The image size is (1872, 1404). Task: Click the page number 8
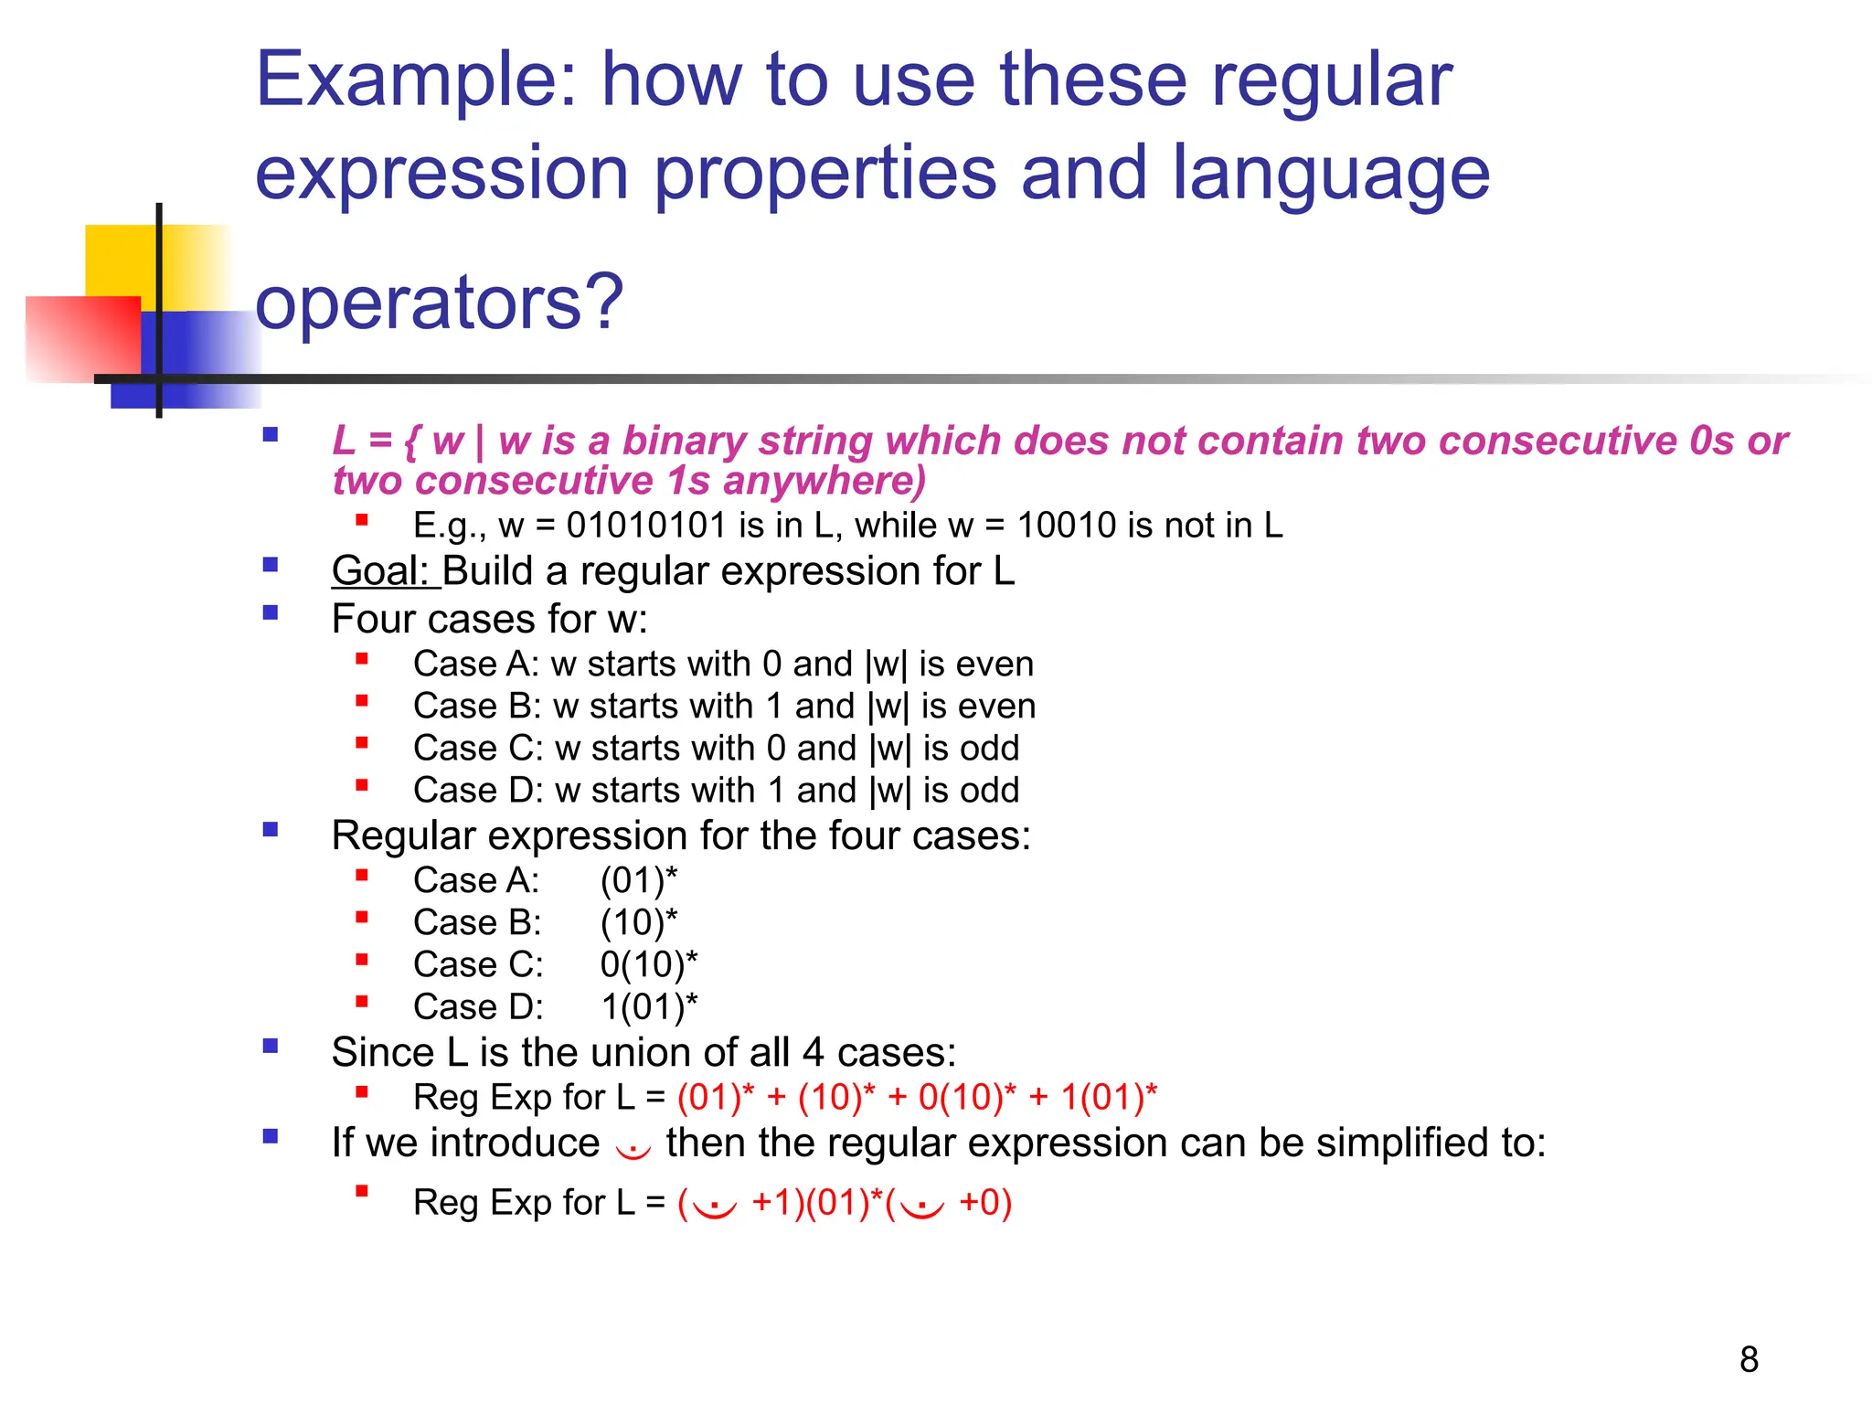pos(1749,1359)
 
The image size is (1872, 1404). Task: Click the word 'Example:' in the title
pos(416,80)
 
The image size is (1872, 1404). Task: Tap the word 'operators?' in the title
pos(439,302)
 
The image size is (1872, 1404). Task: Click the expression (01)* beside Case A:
pos(639,880)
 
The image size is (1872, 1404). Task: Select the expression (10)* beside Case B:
pos(639,922)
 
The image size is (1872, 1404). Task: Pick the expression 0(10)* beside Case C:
pos(648,964)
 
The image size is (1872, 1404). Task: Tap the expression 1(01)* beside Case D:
pos(648,1006)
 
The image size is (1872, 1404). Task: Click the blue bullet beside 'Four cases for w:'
pos(271,612)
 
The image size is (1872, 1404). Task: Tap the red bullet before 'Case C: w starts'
pos(362,743)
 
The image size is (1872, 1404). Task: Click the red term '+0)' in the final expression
pos(985,1203)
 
